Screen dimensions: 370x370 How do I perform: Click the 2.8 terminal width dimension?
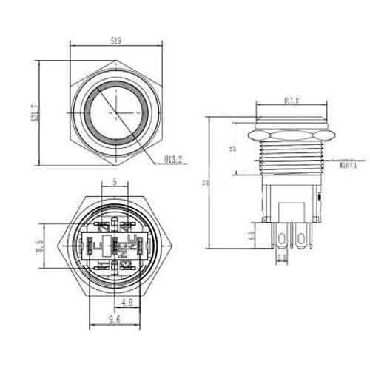click(281, 257)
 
